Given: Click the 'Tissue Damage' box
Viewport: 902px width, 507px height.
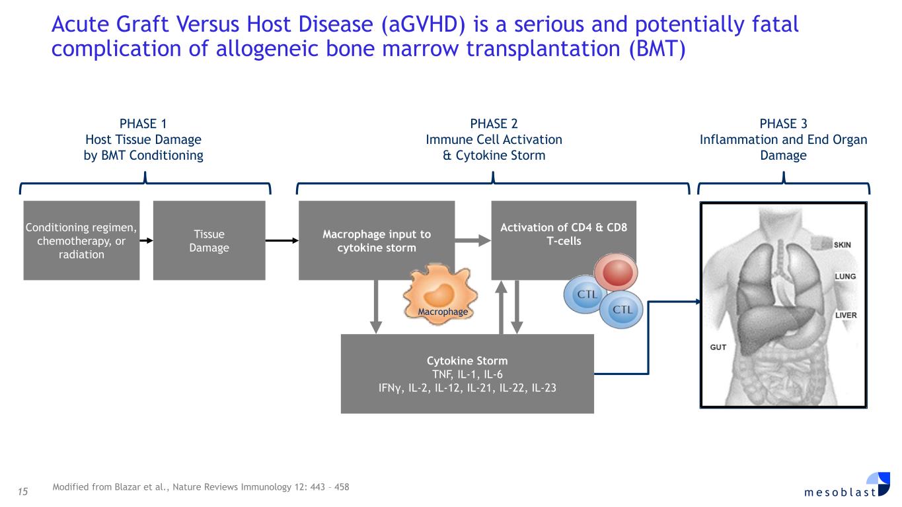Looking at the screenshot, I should pyautogui.click(x=209, y=240).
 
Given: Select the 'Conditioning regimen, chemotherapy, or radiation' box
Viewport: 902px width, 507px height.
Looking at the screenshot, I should pyautogui.click(x=81, y=240).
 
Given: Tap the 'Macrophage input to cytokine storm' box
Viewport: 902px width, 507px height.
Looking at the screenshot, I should pyautogui.click(x=377, y=240).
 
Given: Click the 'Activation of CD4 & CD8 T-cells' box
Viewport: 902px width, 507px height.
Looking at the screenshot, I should pyautogui.click(x=564, y=234).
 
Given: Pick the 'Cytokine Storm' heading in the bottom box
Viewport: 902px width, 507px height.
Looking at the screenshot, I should pyautogui.click(x=467, y=360).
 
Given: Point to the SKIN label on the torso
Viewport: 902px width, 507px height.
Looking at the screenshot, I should pyautogui.click(x=842, y=245).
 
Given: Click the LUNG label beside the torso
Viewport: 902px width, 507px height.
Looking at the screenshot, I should pyautogui.click(x=846, y=277).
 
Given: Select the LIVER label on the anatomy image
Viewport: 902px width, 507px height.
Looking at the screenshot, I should pyautogui.click(x=846, y=315).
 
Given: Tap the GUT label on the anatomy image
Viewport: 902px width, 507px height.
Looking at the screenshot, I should pyautogui.click(x=718, y=347).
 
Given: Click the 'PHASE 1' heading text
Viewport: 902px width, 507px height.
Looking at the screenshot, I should pyautogui.click(x=143, y=123).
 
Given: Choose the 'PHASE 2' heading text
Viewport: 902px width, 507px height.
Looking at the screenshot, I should pyautogui.click(x=494, y=123).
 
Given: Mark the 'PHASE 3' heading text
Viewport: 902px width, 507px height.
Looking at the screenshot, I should pyautogui.click(x=783, y=123).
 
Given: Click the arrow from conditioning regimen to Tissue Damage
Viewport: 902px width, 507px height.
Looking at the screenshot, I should pyautogui.click(x=147, y=240).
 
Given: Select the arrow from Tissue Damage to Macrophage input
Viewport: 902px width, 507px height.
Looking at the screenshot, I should pyautogui.click(x=282, y=240).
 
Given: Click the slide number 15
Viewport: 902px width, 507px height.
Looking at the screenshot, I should pyautogui.click(x=24, y=489).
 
